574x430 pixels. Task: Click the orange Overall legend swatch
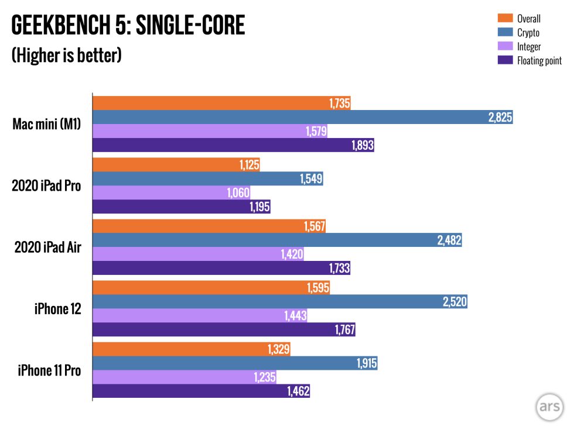(x=504, y=18)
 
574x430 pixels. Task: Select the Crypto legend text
(x=528, y=33)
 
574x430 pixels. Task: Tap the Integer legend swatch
(x=504, y=46)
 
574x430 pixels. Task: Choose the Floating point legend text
(x=539, y=61)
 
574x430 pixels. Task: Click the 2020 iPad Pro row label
(x=46, y=186)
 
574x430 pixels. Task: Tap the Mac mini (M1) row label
(x=47, y=125)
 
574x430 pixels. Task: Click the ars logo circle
(x=549, y=408)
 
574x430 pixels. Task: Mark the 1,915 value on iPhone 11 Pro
(x=366, y=363)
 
